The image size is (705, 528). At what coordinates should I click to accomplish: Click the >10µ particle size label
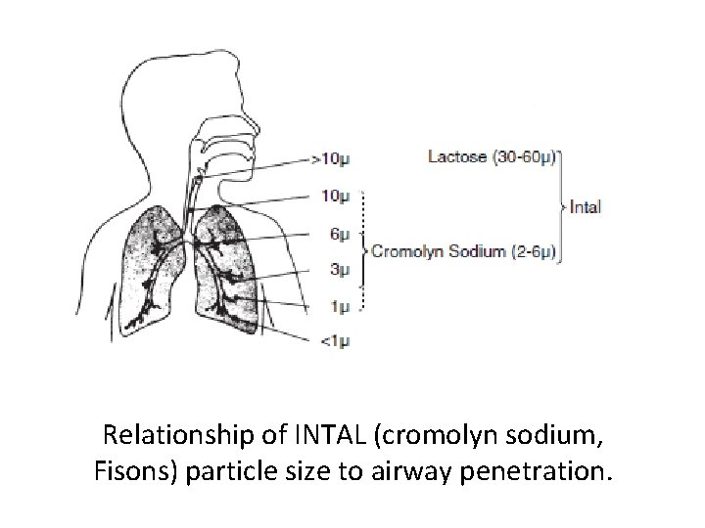[x=330, y=157]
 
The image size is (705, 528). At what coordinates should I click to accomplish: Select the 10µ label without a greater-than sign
[x=334, y=196]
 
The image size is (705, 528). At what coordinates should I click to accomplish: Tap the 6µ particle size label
[x=337, y=234]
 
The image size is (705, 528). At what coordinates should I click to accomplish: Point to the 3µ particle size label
[x=337, y=270]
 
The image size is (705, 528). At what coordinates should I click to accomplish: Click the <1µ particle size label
[x=334, y=341]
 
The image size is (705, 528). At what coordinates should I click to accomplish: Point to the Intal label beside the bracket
[x=586, y=206]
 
